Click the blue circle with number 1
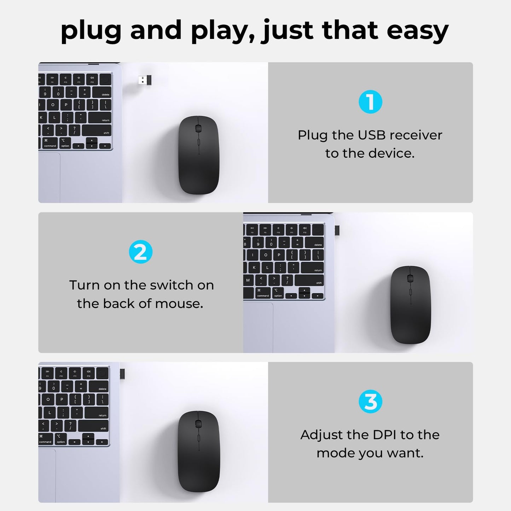[370, 102]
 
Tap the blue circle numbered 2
[140, 252]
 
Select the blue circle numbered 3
[370, 401]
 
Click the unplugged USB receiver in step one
[145, 80]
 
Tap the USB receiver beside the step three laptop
[122, 374]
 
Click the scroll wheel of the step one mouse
[198, 129]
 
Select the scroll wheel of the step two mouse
[410, 278]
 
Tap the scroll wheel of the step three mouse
[198, 424]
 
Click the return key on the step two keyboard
[312, 268]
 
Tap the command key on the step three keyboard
[46, 439]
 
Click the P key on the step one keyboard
[66, 105]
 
